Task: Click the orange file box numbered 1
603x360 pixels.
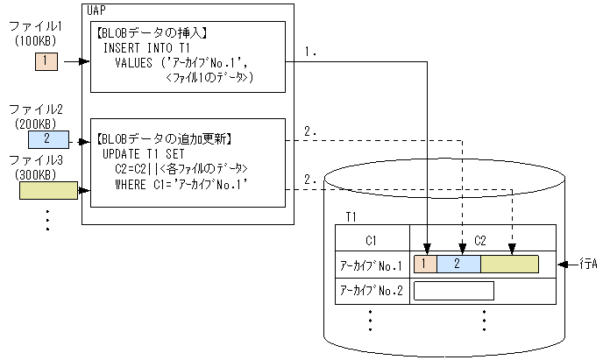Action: pyautogui.click(x=46, y=62)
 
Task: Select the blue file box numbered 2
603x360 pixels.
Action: pyautogui.click(x=46, y=138)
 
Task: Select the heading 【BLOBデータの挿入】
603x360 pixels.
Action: pyautogui.click(x=153, y=32)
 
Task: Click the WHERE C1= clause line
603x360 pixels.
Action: pyautogui.click(x=181, y=184)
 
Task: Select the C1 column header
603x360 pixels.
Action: pyautogui.click(x=372, y=237)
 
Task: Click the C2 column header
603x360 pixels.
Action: pyautogui.click(x=481, y=237)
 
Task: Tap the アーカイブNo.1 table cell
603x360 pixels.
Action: pyautogui.click(x=371, y=265)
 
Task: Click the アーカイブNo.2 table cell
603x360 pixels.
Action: pyautogui.click(x=371, y=291)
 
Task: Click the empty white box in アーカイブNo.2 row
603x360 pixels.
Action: pyautogui.click(x=453, y=291)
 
